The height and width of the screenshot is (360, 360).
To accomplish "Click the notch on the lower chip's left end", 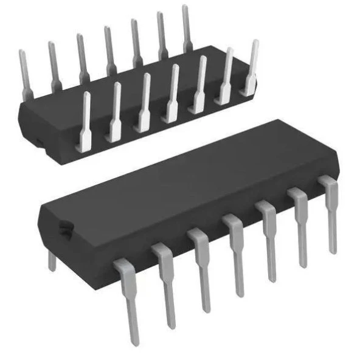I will [x=63, y=229].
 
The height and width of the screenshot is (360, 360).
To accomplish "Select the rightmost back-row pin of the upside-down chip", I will [x=187, y=27].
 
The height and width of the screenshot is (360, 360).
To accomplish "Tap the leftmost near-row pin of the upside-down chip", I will [x=85, y=119].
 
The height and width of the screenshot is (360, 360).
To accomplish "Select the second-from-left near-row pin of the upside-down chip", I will [x=115, y=109].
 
